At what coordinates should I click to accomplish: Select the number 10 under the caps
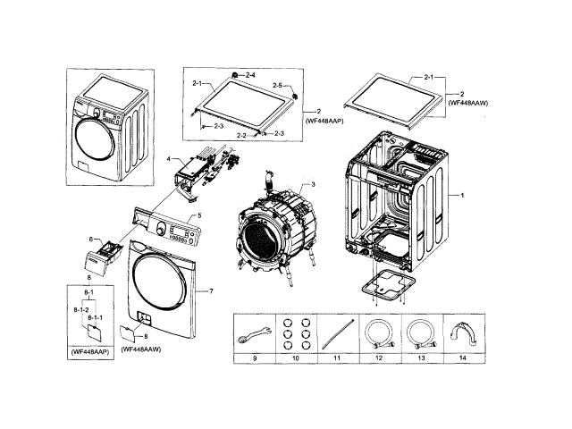tap(296, 357)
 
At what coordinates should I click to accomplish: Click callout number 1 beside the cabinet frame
tap(461, 195)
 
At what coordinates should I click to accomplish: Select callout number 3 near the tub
tap(313, 184)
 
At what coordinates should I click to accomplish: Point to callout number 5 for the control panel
tap(198, 216)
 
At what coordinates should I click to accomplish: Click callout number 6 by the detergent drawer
tap(90, 239)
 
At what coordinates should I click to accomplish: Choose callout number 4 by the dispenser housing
tap(168, 158)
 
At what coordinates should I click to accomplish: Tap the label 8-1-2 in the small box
tap(79, 308)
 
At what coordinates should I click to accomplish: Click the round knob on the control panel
tap(161, 231)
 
